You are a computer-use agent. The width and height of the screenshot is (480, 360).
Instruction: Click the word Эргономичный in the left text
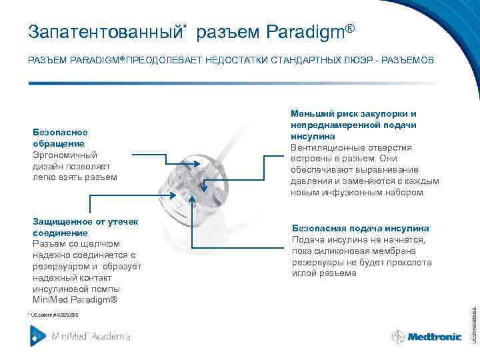64,155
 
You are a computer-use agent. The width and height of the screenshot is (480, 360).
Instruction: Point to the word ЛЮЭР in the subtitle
358,61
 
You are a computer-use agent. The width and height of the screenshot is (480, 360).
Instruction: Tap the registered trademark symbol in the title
350,28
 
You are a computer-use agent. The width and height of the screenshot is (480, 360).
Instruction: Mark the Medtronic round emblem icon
398,337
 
